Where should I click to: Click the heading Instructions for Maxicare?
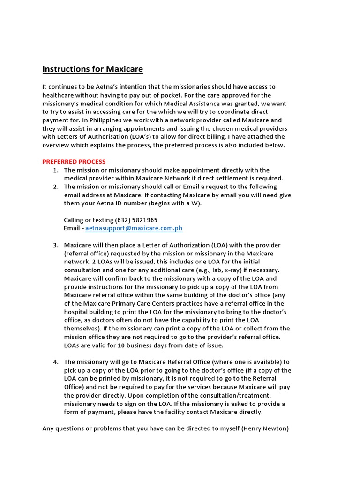click(x=93, y=69)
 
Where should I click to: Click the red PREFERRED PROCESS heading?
click(x=74, y=162)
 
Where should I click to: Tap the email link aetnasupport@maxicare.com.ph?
click(x=134, y=228)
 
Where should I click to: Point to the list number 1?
click(x=56, y=170)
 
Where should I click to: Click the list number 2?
click(x=56, y=187)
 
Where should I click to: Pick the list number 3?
click(x=56, y=245)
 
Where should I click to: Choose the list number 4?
click(x=56, y=362)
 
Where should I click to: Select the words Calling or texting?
click(x=89, y=220)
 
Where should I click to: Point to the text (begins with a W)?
click(x=172, y=203)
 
